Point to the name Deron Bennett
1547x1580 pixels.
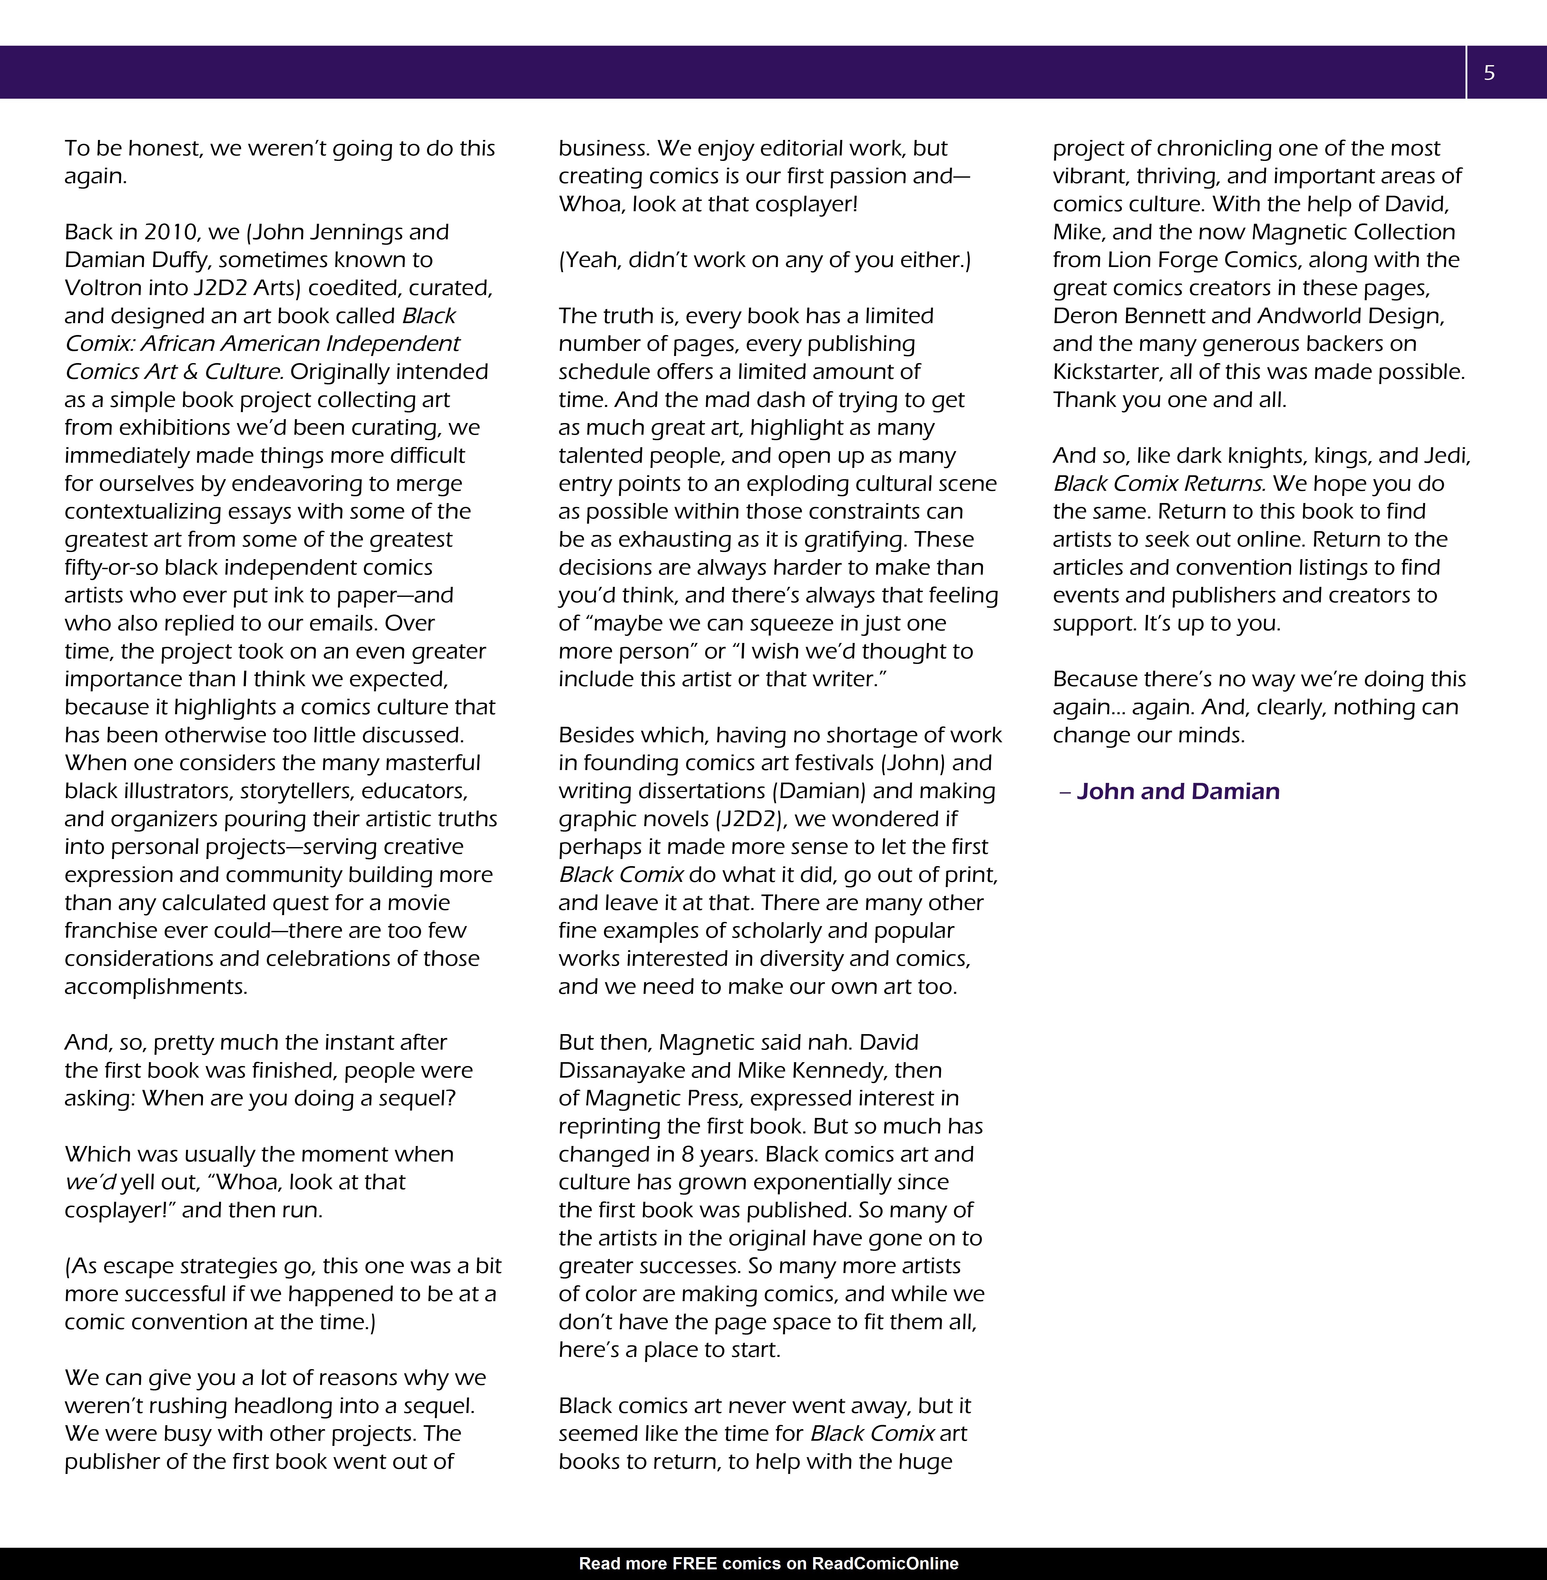click(1127, 316)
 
